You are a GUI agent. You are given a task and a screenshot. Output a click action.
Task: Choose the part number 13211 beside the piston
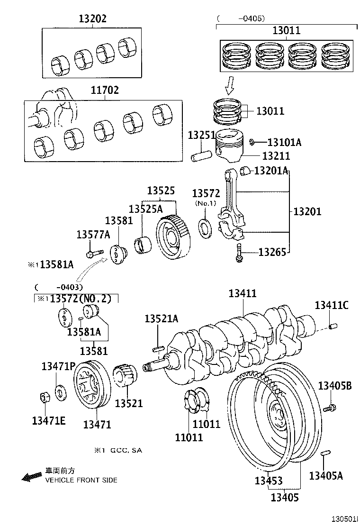[276, 156]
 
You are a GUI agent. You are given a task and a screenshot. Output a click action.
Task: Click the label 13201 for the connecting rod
[307, 211]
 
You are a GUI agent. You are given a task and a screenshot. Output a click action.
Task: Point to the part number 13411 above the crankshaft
[243, 294]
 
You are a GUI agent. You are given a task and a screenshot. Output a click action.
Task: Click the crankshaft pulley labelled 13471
[92, 384]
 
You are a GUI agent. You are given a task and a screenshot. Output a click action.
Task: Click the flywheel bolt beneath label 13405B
[330, 408]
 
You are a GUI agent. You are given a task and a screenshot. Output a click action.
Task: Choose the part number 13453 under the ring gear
[269, 481]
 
